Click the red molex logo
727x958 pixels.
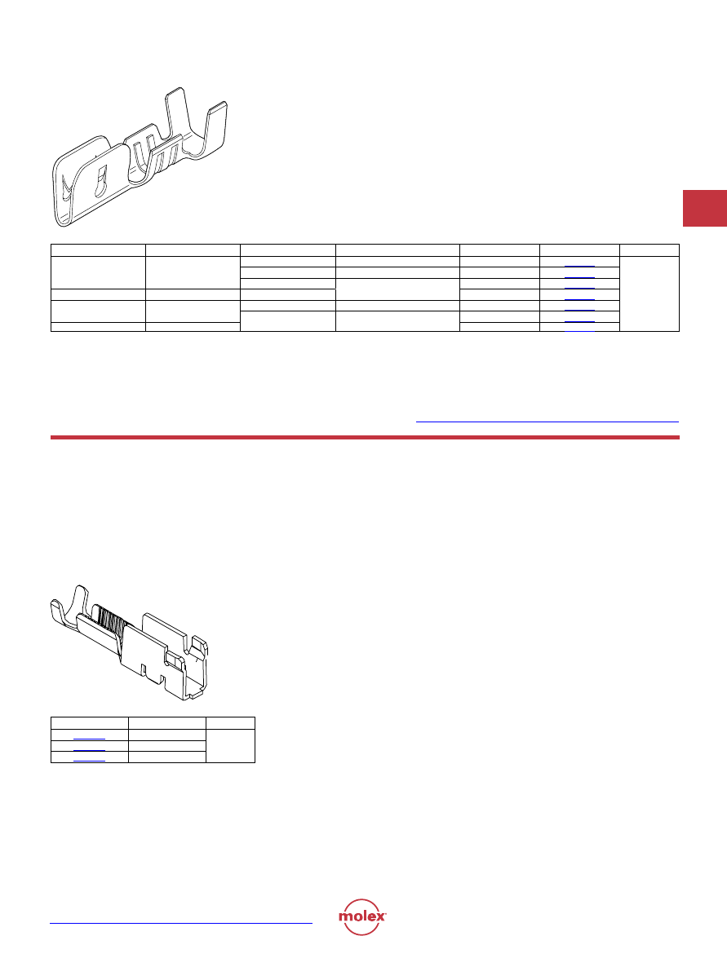362,916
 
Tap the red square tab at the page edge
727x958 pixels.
704,209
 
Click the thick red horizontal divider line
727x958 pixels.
365,438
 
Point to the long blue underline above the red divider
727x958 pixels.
547,422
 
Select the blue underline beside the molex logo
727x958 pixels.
181,923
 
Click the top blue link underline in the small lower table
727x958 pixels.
89,739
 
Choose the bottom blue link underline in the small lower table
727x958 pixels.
89,761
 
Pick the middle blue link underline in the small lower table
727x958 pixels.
89,749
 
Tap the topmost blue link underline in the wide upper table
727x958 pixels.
579,267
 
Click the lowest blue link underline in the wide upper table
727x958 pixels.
579,330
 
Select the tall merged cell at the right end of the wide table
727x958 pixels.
649,294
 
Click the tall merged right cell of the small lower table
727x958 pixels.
231,745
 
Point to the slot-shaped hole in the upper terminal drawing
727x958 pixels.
100,180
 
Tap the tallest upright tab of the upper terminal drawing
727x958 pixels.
177,116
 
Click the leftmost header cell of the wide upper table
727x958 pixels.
98,249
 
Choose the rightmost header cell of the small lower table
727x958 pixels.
231,722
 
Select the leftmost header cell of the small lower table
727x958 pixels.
89,722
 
